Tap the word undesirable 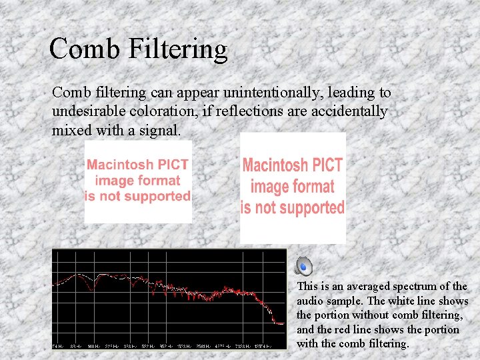[91, 111]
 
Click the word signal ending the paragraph [160, 130]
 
